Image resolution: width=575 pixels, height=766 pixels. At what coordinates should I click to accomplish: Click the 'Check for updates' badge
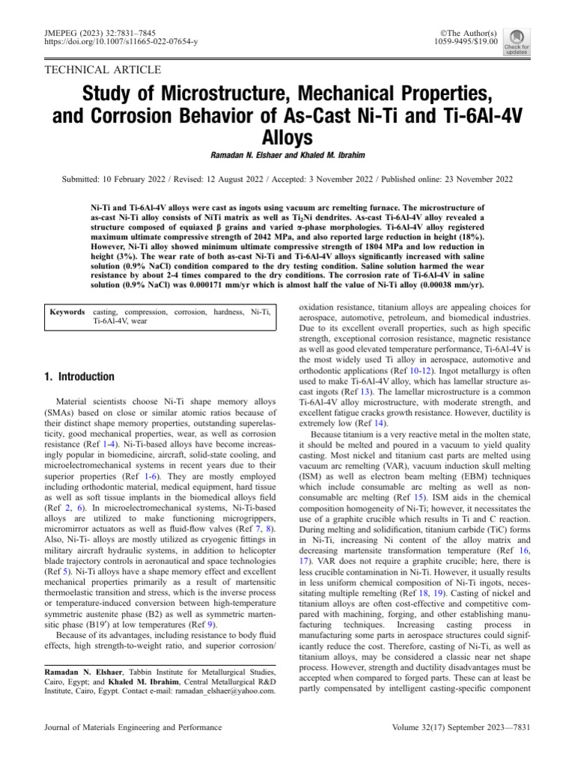tap(519, 43)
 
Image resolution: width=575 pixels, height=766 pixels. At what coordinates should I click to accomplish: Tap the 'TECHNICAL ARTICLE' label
tap(103, 70)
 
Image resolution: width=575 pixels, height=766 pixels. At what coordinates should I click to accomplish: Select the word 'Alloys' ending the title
tap(287, 138)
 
